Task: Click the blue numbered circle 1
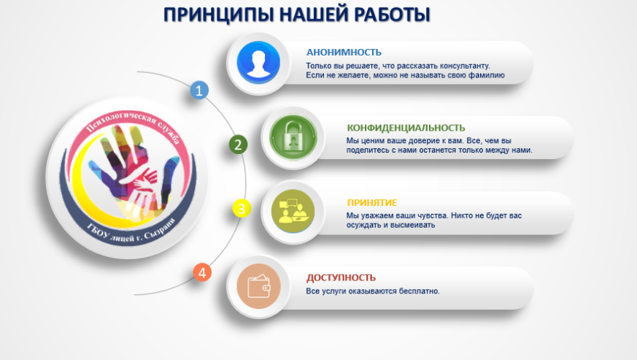click(x=199, y=91)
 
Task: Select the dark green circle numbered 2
click(x=238, y=145)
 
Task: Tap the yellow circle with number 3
click(x=242, y=208)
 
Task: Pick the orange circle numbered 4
click(x=202, y=272)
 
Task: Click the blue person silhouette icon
click(x=258, y=63)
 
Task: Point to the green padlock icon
click(x=293, y=137)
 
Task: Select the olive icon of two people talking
click(x=293, y=211)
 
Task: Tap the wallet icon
click(x=259, y=286)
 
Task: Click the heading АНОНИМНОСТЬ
click(x=344, y=53)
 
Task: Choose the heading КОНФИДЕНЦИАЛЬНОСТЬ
click(x=406, y=128)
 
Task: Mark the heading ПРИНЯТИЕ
click(x=371, y=202)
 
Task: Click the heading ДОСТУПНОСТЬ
click(x=341, y=277)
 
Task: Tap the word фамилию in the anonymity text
click(x=486, y=75)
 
